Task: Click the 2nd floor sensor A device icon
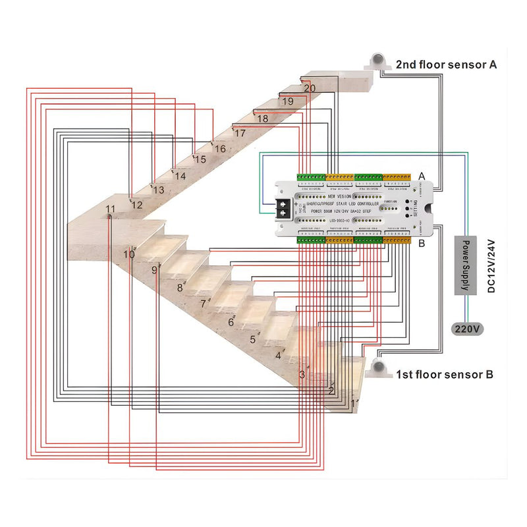coord(378,60)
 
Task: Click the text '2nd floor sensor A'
coord(446,65)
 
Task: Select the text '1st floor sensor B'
coord(445,375)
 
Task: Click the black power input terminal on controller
coord(284,208)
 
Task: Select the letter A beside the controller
coord(422,176)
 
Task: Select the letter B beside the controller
coord(422,244)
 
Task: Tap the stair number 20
coord(310,88)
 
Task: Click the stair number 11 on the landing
coord(110,209)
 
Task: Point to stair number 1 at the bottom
coord(353,402)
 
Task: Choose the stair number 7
coord(203,304)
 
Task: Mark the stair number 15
coord(200,159)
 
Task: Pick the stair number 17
coord(240,133)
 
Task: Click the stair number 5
coord(252,340)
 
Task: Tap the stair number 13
coord(158,190)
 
